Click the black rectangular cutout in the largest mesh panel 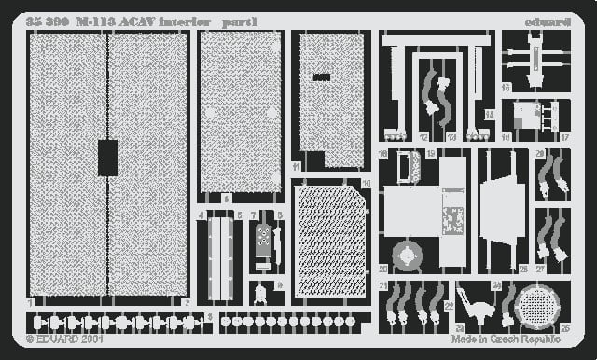pyautogui.click(x=107, y=158)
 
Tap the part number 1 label pyautogui.click(x=30, y=303)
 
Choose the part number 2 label pyautogui.click(x=187, y=303)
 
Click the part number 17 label pyautogui.click(x=565, y=136)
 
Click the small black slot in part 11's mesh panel pyautogui.click(x=321, y=77)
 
